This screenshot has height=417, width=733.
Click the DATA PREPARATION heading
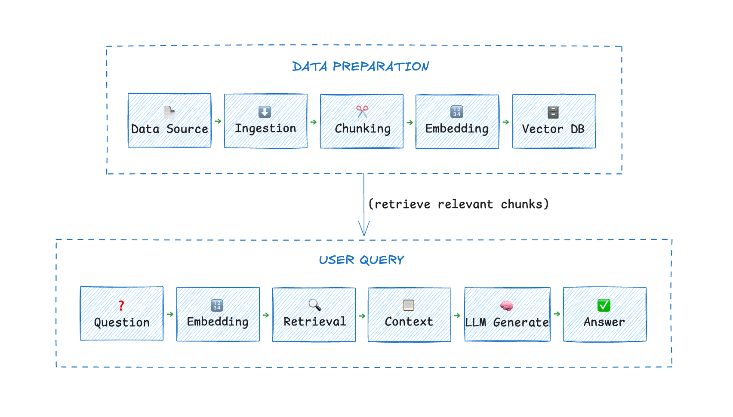[360, 67]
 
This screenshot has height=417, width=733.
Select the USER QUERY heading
[361, 260]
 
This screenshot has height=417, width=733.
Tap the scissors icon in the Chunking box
[362, 111]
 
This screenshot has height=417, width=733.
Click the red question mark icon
[121, 305]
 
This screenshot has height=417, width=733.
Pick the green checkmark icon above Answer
[604, 305]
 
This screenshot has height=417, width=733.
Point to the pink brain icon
[507, 306]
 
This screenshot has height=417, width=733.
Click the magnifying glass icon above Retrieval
[315, 305]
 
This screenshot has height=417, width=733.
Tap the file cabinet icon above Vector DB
[553, 112]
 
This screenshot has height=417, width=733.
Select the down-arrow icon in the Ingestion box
[265, 112]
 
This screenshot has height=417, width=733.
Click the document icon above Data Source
[169, 112]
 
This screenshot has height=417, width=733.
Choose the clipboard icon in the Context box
[409, 305]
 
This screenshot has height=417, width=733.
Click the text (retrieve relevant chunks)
[459, 204]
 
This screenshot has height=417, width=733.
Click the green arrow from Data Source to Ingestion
[218, 122]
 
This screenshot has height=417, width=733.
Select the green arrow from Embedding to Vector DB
[506, 122]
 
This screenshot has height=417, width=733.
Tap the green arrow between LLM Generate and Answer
[557, 314]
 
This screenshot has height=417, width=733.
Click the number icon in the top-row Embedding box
[457, 112]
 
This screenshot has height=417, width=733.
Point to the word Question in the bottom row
[122, 322]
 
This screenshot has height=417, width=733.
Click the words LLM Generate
[507, 322]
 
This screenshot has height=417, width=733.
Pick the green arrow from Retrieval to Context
[362, 316]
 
